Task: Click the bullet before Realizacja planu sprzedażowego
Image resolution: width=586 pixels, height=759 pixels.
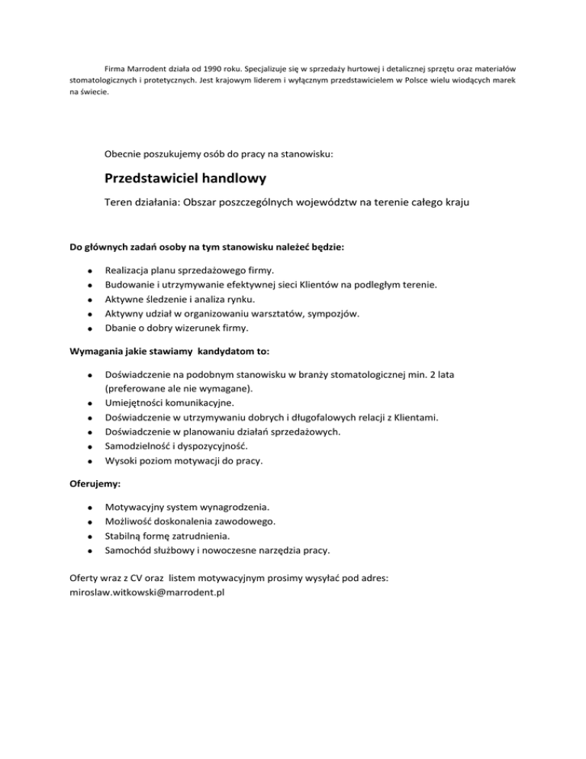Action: click(x=90, y=271)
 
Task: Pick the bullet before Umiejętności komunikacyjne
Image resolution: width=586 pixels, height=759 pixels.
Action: click(x=90, y=403)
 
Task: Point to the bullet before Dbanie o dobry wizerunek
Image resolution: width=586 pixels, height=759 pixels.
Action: click(x=90, y=329)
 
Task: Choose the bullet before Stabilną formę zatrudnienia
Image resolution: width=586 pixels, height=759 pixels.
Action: click(x=90, y=536)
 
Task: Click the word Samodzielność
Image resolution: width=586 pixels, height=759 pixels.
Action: click(x=142, y=446)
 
